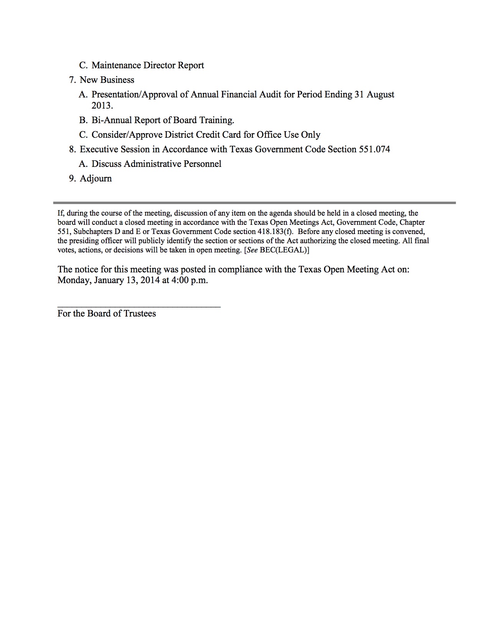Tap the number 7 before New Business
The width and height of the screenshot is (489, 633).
click(x=72, y=80)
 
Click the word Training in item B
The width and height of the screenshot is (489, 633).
click(x=216, y=120)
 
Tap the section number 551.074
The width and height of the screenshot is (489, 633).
click(x=374, y=149)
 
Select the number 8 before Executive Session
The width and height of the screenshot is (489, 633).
click(x=72, y=149)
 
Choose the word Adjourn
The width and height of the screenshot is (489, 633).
click(x=96, y=178)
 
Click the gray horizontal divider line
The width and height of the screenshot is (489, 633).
click(x=254, y=203)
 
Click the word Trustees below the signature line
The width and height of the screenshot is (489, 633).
click(x=140, y=313)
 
